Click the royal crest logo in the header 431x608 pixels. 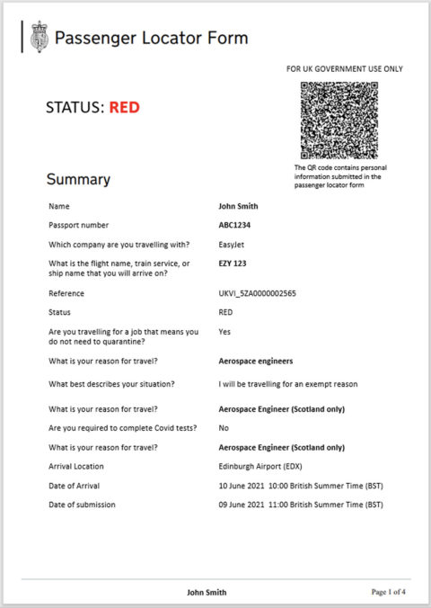point(39,37)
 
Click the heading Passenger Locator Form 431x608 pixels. point(151,38)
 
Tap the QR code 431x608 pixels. point(339,120)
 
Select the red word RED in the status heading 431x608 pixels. point(125,109)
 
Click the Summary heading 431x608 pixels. point(78,179)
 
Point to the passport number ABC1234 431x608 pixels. point(235,225)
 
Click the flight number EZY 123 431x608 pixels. point(233,264)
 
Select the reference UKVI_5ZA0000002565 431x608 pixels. point(258,293)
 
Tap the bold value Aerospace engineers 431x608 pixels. point(256,360)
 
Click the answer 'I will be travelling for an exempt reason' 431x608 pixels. point(287,384)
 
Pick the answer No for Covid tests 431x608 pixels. point(224,427)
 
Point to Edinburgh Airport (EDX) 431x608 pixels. point(260,466)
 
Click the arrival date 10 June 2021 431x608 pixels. point(242,486)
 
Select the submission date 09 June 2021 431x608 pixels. point(242,505)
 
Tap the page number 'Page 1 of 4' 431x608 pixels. point(389,592)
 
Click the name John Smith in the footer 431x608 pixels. point(207,592)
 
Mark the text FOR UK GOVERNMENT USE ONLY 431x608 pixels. point(344,69)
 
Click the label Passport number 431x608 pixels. point(79,225)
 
